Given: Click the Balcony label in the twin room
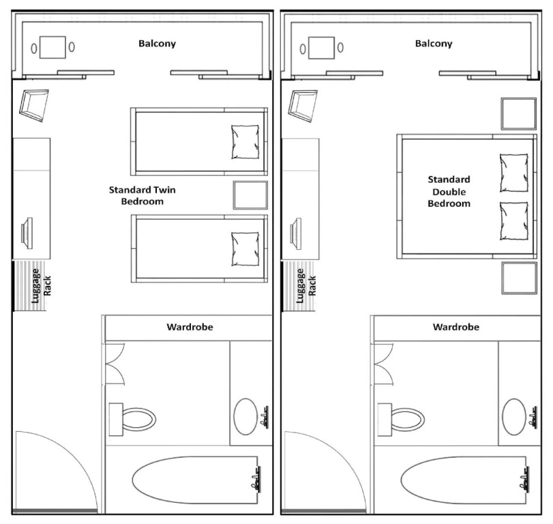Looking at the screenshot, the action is click(x=157, y=44).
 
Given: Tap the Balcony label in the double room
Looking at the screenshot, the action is click(x=434, y=44).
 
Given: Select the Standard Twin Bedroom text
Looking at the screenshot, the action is click(x=142, y=196).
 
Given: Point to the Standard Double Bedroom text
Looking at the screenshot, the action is click(x=449, y=191).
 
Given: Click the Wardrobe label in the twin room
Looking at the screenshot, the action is click(x=190, y=327).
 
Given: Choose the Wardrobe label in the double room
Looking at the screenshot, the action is click(x=456, y=327).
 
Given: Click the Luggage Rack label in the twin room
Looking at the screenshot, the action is click(x=41, y=286).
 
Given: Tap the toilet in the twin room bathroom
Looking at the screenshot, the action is click(x=132, y=419).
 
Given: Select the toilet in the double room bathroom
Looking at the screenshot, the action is click(x=401, y=419).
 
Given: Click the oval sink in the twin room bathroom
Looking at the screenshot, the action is click(x=245, y=417).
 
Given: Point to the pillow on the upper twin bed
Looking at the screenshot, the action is click(x=245, y=142).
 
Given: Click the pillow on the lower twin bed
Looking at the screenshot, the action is click(x=245, y=249).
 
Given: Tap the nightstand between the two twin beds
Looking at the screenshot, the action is click(x=250, y=195).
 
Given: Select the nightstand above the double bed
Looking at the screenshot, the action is click(x=519, y=114).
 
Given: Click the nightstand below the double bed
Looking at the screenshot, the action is click(x=519, y=278).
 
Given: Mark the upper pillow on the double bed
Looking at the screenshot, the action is click(x=514, y=173).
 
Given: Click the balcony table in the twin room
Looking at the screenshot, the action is click(x=53, y=47).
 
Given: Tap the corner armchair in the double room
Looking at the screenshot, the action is click(x=303, y=106).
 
